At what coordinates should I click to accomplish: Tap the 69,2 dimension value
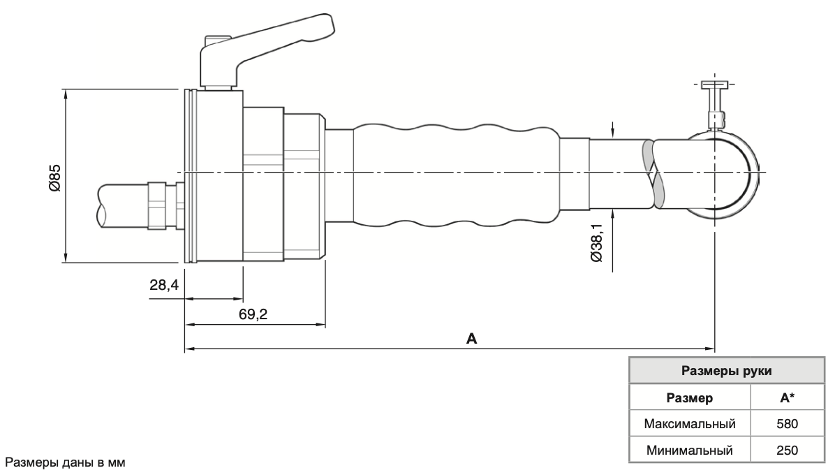(253, 314)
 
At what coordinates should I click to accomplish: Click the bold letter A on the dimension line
(471, 339)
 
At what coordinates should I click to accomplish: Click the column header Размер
(690, 398)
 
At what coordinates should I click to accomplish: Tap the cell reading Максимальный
(690, 424)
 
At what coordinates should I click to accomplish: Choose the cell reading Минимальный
(690, 449)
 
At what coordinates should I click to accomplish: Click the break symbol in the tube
(653, 174)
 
